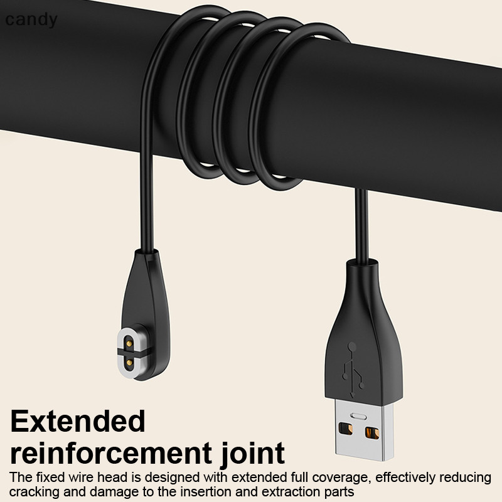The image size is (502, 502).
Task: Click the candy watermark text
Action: click(x=31, y=20)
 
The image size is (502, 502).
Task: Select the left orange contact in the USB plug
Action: click(x=344, y=431)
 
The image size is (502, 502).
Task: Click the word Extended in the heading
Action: click(x=78, y=421)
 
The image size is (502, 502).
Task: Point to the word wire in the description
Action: click(x=73, y=477)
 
